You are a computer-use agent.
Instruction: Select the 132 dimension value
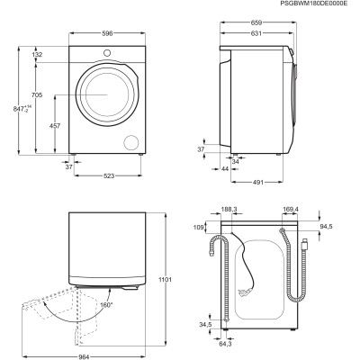37,56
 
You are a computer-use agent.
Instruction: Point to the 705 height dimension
37,94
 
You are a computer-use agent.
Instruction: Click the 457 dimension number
55,126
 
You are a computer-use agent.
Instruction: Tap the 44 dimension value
223,169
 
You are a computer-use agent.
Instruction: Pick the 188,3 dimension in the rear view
229,211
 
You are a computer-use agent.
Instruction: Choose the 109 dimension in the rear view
200,228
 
